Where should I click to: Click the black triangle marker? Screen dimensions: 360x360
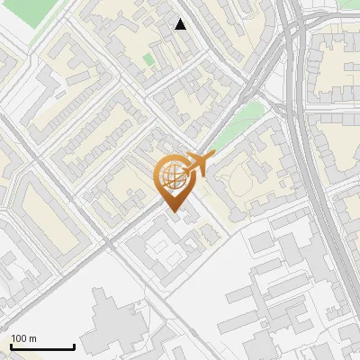pos(181,24)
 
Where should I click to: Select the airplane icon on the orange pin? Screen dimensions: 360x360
pos(197,166)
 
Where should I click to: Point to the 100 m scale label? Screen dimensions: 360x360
pos(23,338)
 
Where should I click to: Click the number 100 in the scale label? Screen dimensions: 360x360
pos(19,338)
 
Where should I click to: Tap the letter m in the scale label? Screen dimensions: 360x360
pos(32,338)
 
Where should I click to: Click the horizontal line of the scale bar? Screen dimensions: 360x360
pos(42,346)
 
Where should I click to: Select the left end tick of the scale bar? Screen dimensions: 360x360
pos(11,345)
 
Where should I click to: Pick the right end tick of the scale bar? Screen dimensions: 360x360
pos(74,345)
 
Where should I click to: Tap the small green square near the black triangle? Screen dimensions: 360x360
pos(148,59)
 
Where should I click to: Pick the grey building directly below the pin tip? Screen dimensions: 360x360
pos(162,245)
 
